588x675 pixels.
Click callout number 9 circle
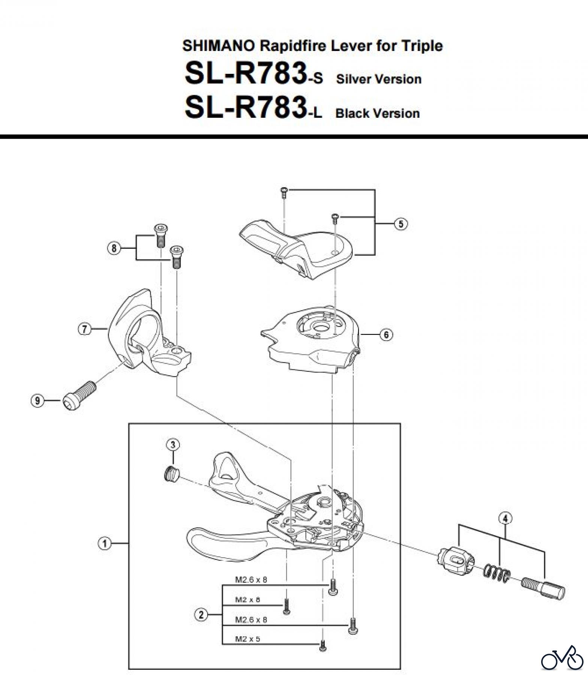(37, 401)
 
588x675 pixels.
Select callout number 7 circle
(84, 329)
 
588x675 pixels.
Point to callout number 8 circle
(114, 248)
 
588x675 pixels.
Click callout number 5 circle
(401, 224)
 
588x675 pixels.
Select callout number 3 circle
(173, 445)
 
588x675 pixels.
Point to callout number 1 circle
(104, 543)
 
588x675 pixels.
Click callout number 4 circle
(505, 519)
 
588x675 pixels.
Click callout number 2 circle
(201, 615)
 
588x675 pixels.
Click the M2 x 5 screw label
(247, 639)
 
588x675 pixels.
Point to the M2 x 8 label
(247, 600)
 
